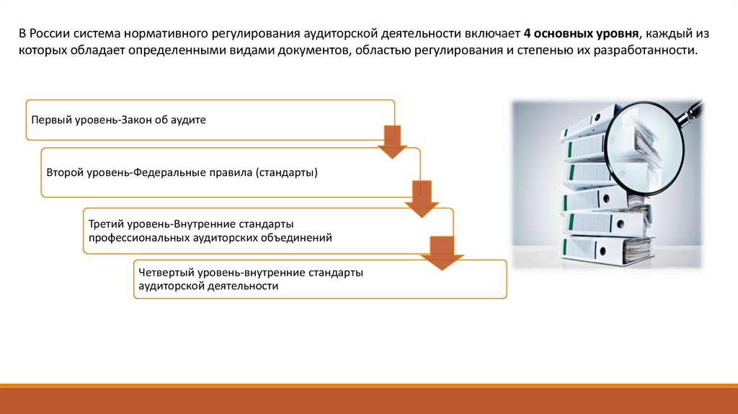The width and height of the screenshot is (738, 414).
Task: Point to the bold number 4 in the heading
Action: click(527, 34)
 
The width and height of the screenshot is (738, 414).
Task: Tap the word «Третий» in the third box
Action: click(105, 224)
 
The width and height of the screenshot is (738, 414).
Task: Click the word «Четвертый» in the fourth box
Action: click(161, 273)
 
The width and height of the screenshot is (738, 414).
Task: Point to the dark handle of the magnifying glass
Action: click(693, 110)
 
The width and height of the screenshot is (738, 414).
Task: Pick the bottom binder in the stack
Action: click(605, 249)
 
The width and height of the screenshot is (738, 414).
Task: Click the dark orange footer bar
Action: click(369, 399)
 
